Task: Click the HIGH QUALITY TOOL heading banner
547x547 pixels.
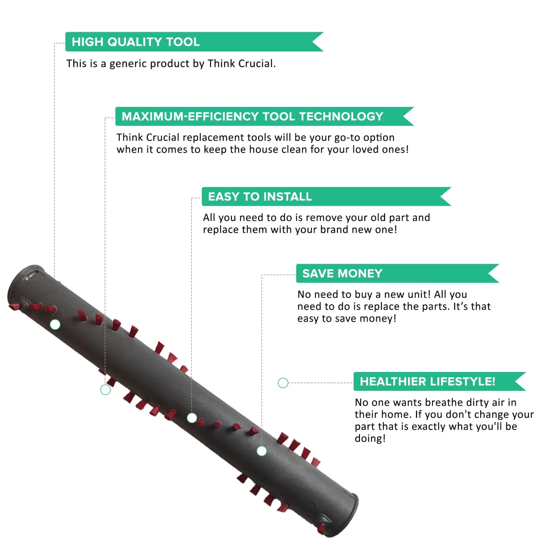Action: click(x=194, y=42)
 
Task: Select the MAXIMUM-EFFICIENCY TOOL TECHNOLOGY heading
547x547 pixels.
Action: click(x=252, y=116)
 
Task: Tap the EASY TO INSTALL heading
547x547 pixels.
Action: click(x=260, y=197)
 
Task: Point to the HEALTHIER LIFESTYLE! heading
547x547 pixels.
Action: click(x=427, y=381)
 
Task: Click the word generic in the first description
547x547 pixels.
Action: click(x=128, y=64)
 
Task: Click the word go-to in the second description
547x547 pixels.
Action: click(x=347, y=138)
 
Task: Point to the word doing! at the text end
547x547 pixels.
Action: click(x=370, y=438)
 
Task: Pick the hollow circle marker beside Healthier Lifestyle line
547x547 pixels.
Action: click(x=283, y=383)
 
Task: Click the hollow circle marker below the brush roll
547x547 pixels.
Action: click(x=105, y=390)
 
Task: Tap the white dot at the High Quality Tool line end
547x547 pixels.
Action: click(x=55, y=325)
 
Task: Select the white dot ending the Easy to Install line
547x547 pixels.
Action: click(x=192, y=418)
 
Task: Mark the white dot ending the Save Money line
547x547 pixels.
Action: click(x=261, y=451)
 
